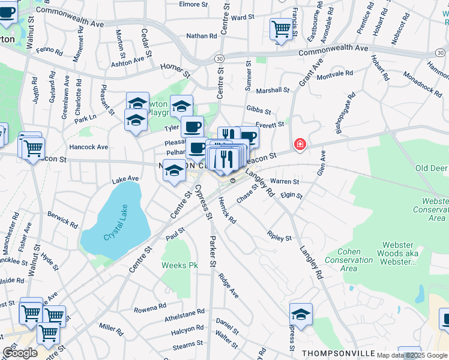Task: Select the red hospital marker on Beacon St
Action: click(x=299, y=145)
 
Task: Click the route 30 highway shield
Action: click(x=220, y=58)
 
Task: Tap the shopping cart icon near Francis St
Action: click(x=281, y=29)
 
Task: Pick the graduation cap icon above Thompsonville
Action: click(x=301, y=314)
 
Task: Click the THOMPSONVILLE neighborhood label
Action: click(x=339, y=353)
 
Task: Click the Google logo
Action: click(x=20, y=353)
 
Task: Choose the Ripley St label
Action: click(x=280, y=237)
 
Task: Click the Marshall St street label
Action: click(x=273, y=90)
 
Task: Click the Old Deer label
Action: click(x=431, y=168)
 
